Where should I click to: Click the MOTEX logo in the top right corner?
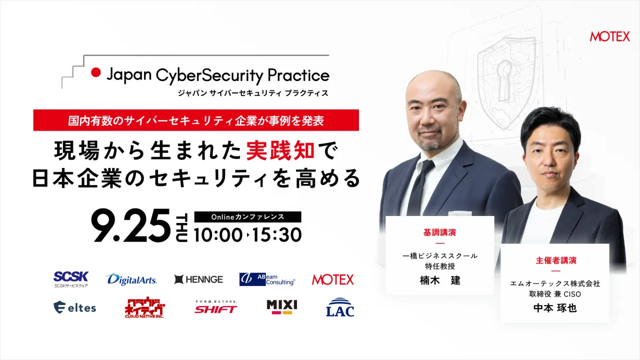610,37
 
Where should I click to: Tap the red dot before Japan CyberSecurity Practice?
96,73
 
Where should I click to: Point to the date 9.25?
131,226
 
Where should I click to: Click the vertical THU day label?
182,227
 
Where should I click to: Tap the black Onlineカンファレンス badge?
247,217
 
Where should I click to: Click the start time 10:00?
218,235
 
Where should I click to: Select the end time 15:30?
277,235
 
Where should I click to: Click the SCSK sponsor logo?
71,279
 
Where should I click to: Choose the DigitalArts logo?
131,279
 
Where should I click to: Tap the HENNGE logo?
198,279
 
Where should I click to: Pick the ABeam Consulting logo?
267,279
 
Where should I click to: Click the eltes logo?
75,307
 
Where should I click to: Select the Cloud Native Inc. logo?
145,307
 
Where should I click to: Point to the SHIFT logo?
216,307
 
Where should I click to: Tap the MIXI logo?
282,307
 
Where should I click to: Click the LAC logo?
340,307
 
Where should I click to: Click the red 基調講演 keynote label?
439,233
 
